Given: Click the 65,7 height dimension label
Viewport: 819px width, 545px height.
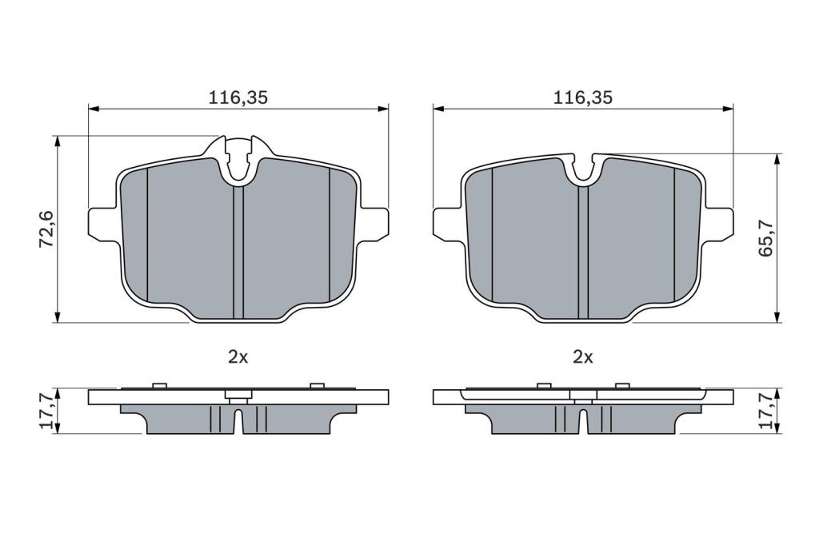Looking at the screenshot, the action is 766,237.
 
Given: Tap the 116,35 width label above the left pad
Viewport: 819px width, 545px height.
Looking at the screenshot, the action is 238,97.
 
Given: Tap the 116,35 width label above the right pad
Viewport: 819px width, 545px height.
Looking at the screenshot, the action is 583,97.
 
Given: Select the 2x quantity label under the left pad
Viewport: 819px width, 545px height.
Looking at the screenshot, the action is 238,357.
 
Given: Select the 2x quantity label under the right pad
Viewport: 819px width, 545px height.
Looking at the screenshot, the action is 583,357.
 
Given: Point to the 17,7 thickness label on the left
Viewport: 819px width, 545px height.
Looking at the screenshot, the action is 47,412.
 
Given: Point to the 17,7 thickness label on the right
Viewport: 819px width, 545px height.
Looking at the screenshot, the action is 766,412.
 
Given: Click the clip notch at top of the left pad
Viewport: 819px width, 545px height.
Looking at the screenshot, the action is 238,160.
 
